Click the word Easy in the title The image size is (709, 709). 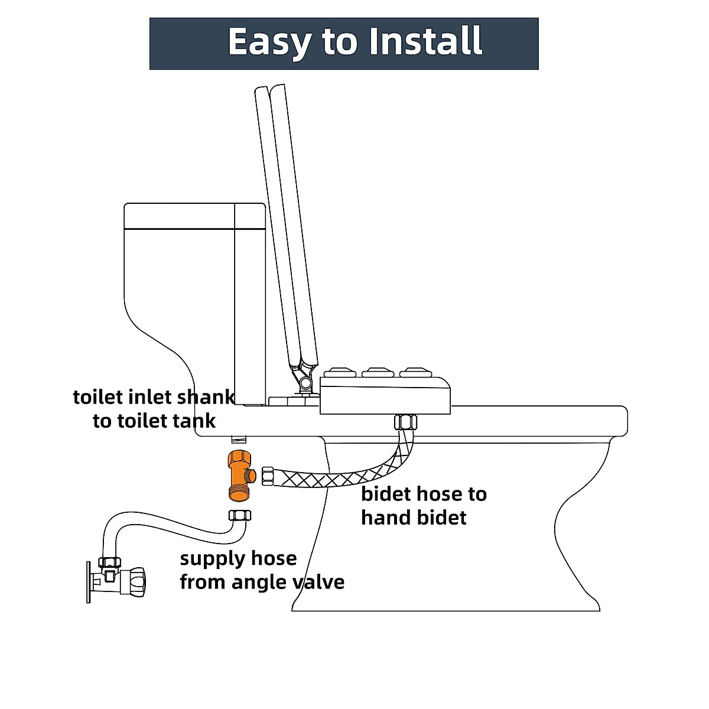pos(268,41)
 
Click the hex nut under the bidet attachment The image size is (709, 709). pos(406,423)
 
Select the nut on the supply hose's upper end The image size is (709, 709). pos(239,515)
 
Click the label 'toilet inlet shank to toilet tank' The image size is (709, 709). pos(154,408)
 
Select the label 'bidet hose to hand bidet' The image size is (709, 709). pos(424,505)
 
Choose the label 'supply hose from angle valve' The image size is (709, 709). pos(262,570)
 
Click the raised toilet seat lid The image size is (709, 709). pos(287,225)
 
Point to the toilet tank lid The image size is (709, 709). pos(194,216)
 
